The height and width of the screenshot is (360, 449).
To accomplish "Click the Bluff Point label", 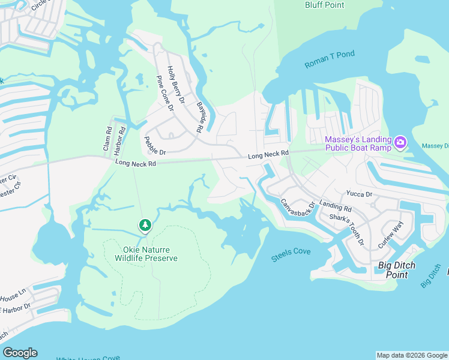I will pyautogui.click(x=324, y=5).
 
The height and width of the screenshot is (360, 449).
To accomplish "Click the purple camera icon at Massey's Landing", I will pyautogui.click(x=400, y=142).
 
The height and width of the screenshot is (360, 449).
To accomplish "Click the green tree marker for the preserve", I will pyautogui.click(x=145, y=225).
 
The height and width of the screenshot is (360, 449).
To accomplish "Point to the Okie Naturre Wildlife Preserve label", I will pyautogui.click(x=146, y=253).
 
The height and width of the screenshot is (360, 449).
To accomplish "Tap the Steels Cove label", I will pyautogui.click(x=291, y=252).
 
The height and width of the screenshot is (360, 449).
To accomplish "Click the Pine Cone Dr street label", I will pyautogui.click(x=164, y=94).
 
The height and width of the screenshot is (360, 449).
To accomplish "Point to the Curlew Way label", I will pyautogui.click(x=390, y=235).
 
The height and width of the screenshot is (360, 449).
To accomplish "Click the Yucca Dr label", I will pyautogui.click(x=359, y=194).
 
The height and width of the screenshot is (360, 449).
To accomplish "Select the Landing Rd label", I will pyautogui.click(x=335, y=206).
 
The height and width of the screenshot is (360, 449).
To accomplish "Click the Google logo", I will pyautogui.click(x=20, y=353).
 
